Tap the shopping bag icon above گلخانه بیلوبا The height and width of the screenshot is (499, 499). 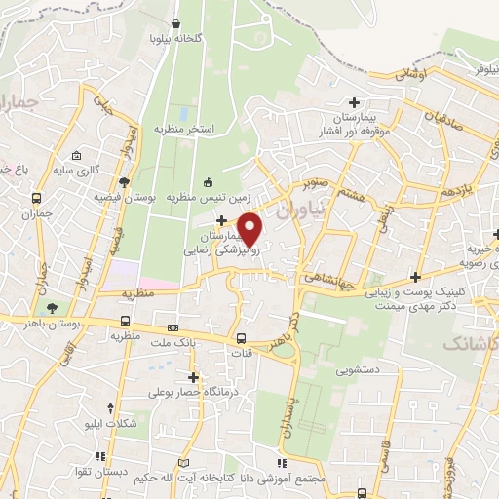174,23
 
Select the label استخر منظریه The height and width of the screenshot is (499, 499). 183,129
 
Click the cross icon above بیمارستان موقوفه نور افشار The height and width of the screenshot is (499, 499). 354,101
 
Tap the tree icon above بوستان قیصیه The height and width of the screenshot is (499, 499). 124,182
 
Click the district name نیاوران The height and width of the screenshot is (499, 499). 297,208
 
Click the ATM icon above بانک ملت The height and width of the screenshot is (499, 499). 173,327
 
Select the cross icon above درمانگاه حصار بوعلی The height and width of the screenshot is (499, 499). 193,377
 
